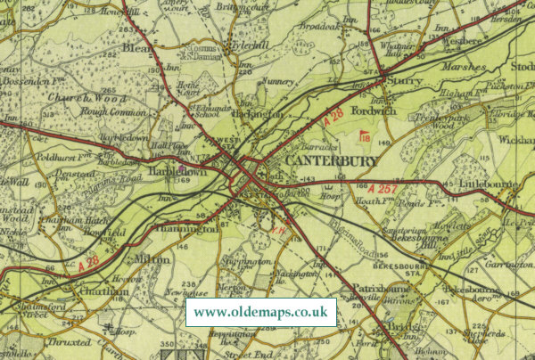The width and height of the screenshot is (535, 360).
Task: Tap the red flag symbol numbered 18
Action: (364, 136)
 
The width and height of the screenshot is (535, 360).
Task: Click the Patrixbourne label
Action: (368, 289)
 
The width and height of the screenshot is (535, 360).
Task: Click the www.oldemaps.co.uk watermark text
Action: (260, 313)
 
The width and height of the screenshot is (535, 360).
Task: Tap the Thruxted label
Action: (70, 342)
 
